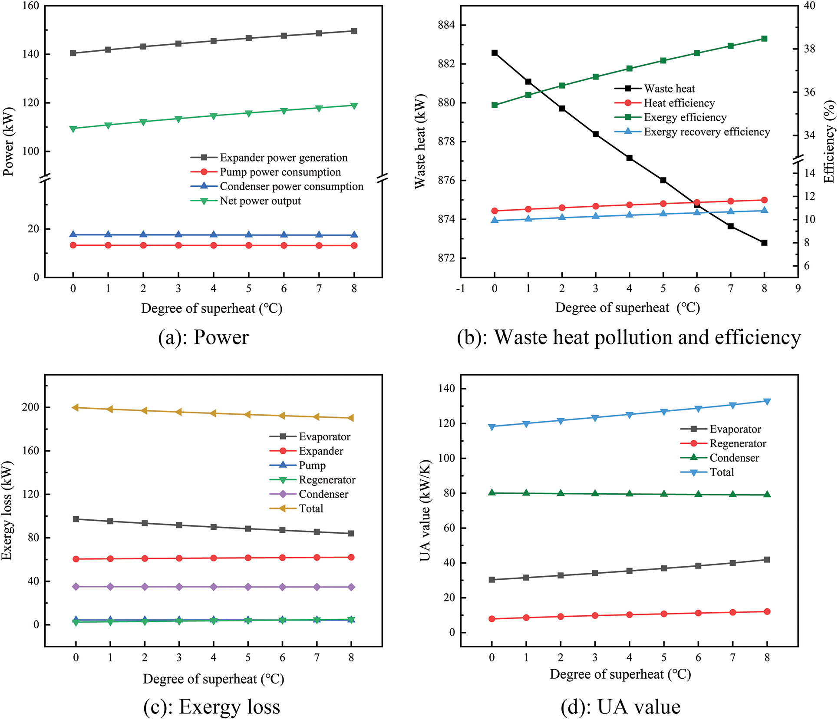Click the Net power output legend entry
[x=260, y=201]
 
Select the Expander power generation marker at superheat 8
[x=354, y=31]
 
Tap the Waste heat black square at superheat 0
[x=495, y=53]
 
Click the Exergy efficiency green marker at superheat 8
[x=764, y=39]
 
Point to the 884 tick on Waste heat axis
[x=446, y=25]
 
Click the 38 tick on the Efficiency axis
[x=809, y=49]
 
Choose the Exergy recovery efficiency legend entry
[x=706, y=132]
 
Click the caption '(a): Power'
[x=203, y=337]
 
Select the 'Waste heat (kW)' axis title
[x=420, y=142]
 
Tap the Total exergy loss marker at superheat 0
[x=76, y=407]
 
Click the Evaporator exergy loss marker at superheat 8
[x=351, y=533]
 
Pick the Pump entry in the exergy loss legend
[x=312, y=466]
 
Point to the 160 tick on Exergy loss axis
[x=30, y=451]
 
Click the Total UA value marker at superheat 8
[x=767, y=401]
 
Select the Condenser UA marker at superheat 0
[x=492, y=492]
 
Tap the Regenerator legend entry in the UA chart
[x=737, y=443]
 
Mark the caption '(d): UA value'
[x=620, y=707]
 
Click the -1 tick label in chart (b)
[x=461, y=289]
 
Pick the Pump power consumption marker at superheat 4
[x=214, y=245]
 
